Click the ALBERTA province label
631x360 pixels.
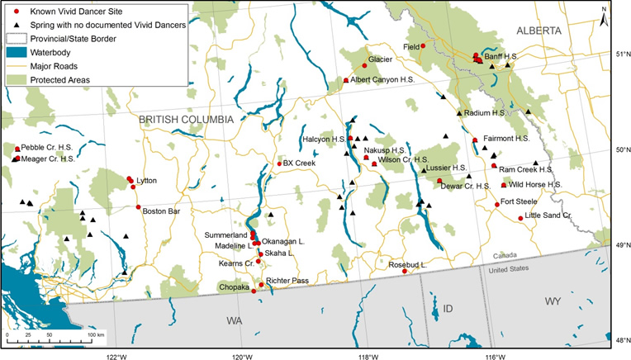pyautogui.click(x=538, y=31)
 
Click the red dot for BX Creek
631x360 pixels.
pyautogui.click(x=278, y=163)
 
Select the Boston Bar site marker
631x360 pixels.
pyautogui.click(x=139, y=207)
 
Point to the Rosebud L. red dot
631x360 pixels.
pyautogui.click(x=405, y=271)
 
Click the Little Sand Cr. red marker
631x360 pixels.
pyautogui.click(x=520, y=218)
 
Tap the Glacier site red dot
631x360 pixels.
pyautogui.click(x=364, y=65)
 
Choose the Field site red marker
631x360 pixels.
pyautogui.click(x=424, y=46)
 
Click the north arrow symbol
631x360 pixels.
pyautogui.click(x=605, y=14)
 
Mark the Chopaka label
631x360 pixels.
pyautogui.click(x=234, y=287)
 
